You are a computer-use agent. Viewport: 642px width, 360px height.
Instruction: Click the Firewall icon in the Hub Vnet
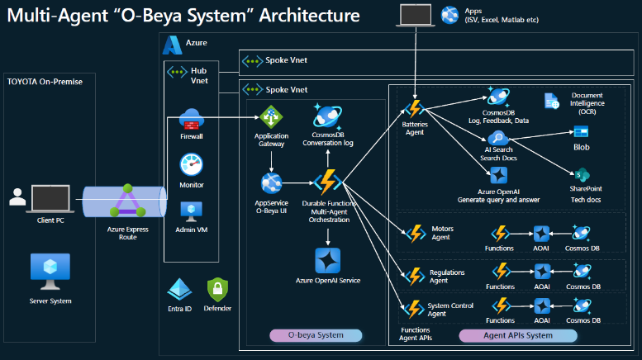tap(191, 119)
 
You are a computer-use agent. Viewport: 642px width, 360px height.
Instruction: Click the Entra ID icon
tap(179, 290)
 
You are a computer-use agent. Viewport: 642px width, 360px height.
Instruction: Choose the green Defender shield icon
tap(217, 290)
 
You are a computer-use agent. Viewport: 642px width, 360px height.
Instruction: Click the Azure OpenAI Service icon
tap(328, 260)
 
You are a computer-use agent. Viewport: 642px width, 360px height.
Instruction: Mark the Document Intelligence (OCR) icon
tap(552, 102)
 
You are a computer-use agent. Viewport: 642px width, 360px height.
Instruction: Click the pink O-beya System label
tap(318, 335)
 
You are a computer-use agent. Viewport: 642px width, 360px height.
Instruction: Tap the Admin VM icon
tap(191, 211)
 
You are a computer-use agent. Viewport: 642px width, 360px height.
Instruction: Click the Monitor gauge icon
tap(191, 163)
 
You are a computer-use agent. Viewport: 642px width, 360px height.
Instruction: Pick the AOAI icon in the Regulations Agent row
tap(542, 272)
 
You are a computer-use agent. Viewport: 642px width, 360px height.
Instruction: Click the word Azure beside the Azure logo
tap(197, 42)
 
